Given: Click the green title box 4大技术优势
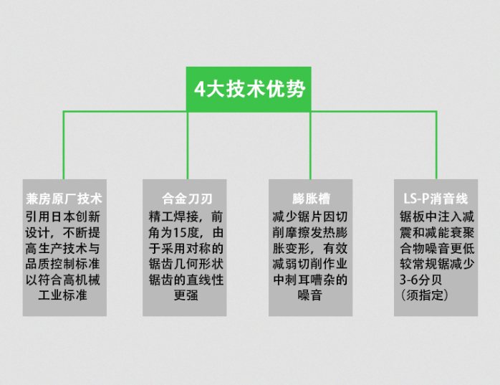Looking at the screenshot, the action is point(249,89).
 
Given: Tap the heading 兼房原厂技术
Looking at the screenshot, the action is point(64,199).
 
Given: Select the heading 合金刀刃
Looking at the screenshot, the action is point(187,199).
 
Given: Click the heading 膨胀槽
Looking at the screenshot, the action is point(311,199).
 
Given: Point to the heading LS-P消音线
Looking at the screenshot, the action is point(436,199).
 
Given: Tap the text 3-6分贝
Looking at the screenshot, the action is point(421,280).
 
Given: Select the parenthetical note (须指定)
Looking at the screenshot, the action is point(424,295).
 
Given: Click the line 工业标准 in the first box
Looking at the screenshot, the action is point(63,295).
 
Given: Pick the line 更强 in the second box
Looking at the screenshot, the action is point(186,295).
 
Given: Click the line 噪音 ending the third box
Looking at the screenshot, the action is point(310,295).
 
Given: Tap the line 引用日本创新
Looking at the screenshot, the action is point(63,217).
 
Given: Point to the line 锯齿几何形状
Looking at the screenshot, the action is point(186,264).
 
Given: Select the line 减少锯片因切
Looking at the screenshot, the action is point(310,217).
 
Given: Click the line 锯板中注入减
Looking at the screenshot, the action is point(437,217).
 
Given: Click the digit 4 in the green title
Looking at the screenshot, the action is point(200,89).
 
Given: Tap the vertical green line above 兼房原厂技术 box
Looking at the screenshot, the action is point(64,146).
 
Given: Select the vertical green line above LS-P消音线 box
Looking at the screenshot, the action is point(436,146).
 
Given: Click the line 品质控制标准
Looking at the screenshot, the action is point(63,264).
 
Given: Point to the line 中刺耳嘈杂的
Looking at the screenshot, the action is point(310,280).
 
